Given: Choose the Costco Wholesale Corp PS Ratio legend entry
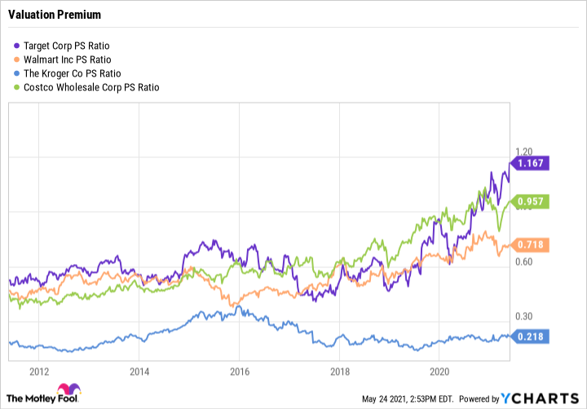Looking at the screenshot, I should (x=91, y=87).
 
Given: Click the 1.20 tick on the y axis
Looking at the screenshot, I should (x=523, y=152).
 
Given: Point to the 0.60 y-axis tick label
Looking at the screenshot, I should (x=523, y=262).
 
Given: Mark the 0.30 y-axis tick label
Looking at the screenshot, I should (x=523, y=317).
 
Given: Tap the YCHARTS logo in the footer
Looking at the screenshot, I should (x=541, y=398).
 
